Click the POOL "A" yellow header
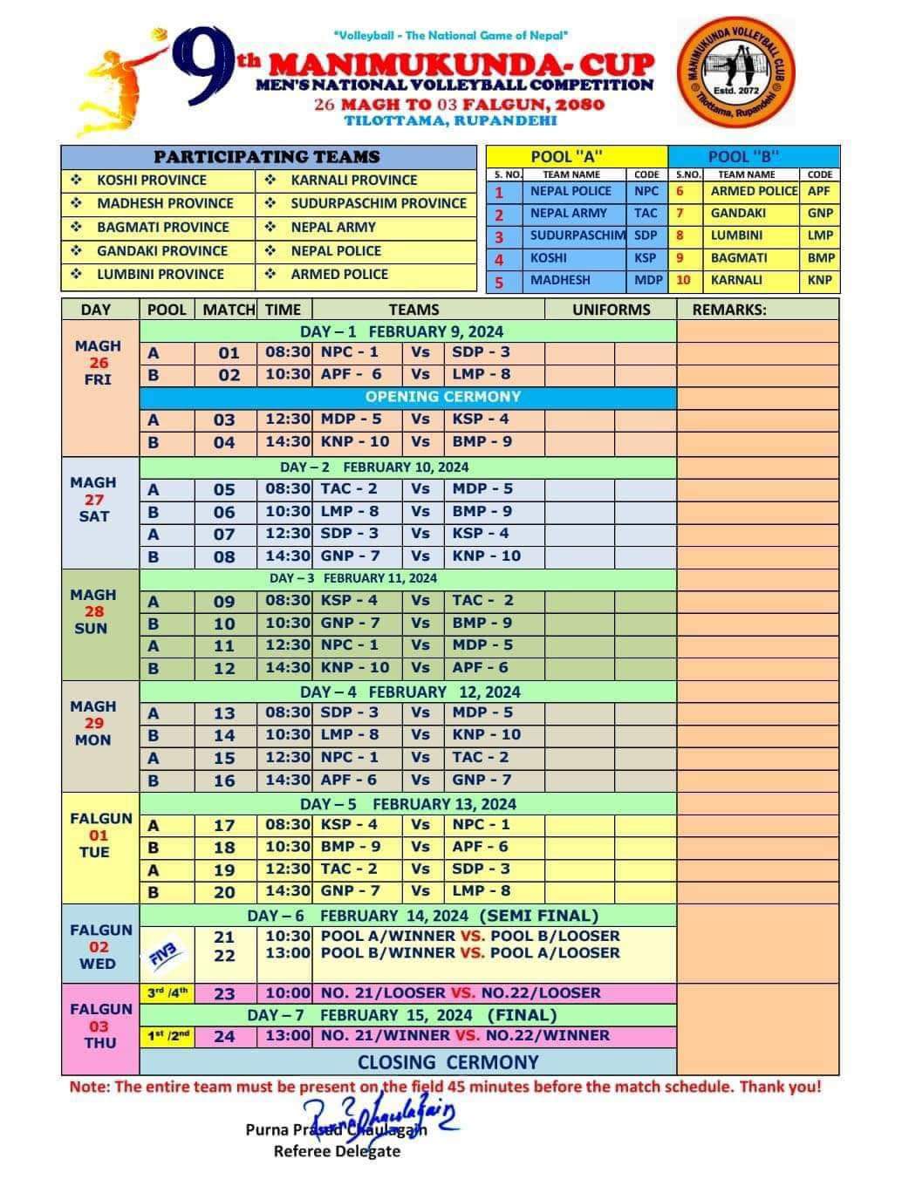[x=577, y=157]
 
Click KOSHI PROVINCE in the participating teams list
[x=152, y=181]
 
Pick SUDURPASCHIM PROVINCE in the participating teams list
[x=379, y=203]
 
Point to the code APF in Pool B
[x=819, y=191]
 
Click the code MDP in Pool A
[x=647, y=280]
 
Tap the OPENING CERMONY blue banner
[x=442, y=397]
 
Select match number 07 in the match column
[x=224, y=534]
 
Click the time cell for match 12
[x=287, y=667]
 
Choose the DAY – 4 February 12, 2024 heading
[x=409, y=692]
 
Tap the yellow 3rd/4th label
[x=167, y=992]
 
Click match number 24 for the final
[x=224, y=1037]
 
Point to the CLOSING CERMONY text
[x=448, y=1062]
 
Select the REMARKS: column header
[x=729, y=310]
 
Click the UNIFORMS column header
[x=611, y=310]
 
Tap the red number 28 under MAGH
[x=94, y=611]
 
